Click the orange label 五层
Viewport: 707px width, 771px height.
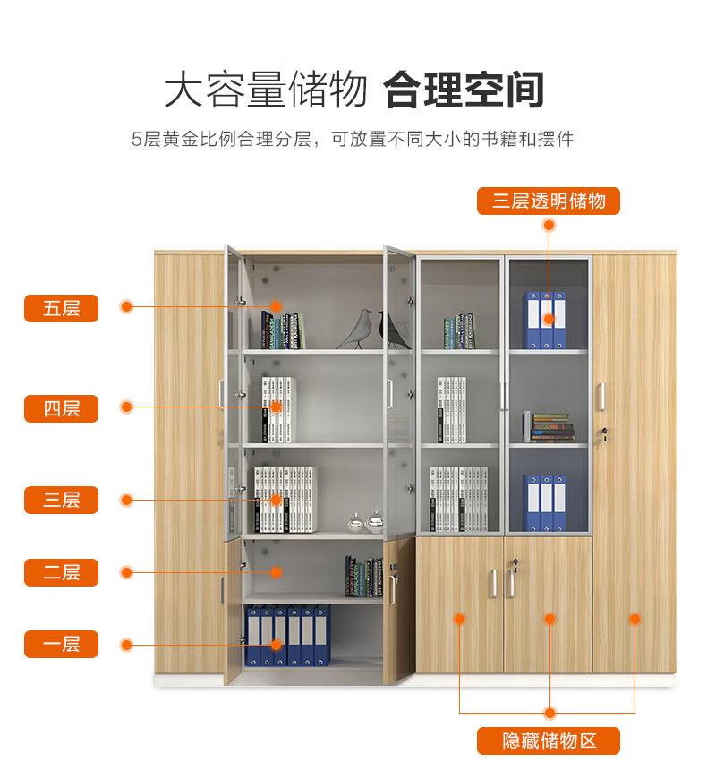pyautogui.click(x=61, y=308)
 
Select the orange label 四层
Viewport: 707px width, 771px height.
pyautogui.click(x=61, y=408)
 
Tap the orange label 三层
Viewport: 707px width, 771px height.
pyautogui.click(x=61, y=500)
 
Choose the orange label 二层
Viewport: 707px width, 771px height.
pyautogui.click(x=61, y=572)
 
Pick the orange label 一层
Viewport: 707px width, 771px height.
pyautogui.click(x=61, y=644)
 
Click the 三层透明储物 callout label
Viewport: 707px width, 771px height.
pyautogui.click(x=549, y=201)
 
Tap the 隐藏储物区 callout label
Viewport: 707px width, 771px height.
pyautogui.click(x=549, y=741)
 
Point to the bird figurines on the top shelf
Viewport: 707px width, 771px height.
pyautogui.click(x=374, y=329)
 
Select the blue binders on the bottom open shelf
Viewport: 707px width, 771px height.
pyautogui.click(x=287, y=635)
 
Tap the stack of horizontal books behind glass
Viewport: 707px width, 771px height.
pyautogui.click(x=549, y=427)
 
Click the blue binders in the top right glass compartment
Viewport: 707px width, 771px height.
pyautogui.click(x=544, y=320)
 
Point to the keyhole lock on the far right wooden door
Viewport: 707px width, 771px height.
pyautogui.click(x=604, y=433)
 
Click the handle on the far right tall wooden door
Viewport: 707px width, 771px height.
pyautogui.click(x=601, y=397)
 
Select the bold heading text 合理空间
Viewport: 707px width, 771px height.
pyautogui.click(x=464, y=90)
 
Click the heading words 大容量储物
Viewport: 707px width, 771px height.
pyautogui.click(x=266, y=90)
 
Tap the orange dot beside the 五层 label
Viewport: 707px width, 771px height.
pyautogui.click(x=127, y=307)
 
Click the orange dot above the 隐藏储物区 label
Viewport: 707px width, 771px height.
pyautogui.click(x=549, y=713)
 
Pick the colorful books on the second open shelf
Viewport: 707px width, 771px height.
pyautogui.click(x=364, y=577)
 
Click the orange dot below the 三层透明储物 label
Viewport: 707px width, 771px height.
pyautogui.click(x=549, y=226)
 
